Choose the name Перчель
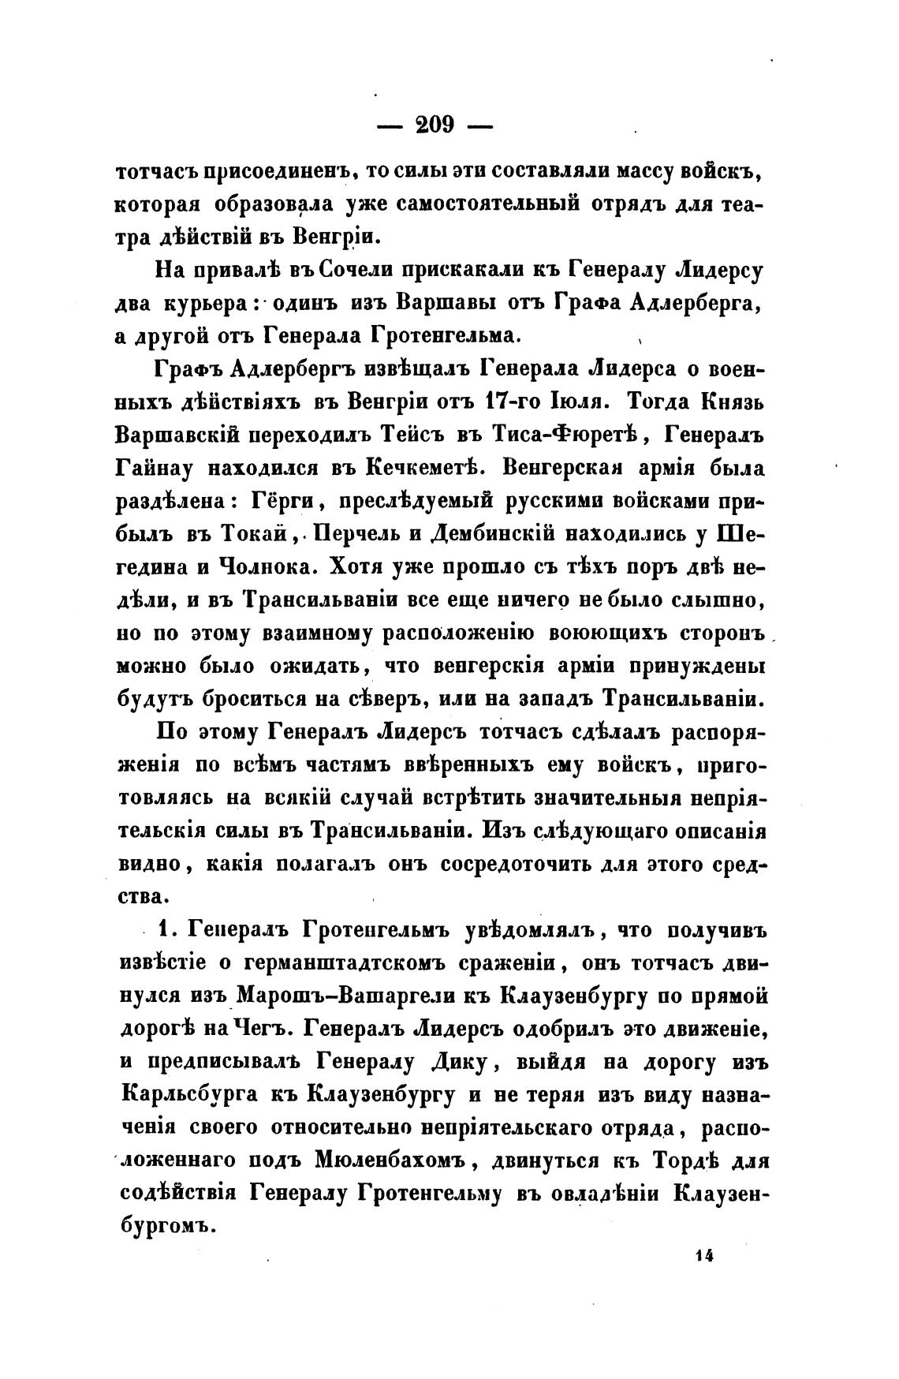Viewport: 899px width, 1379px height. [x=357, y=535]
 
